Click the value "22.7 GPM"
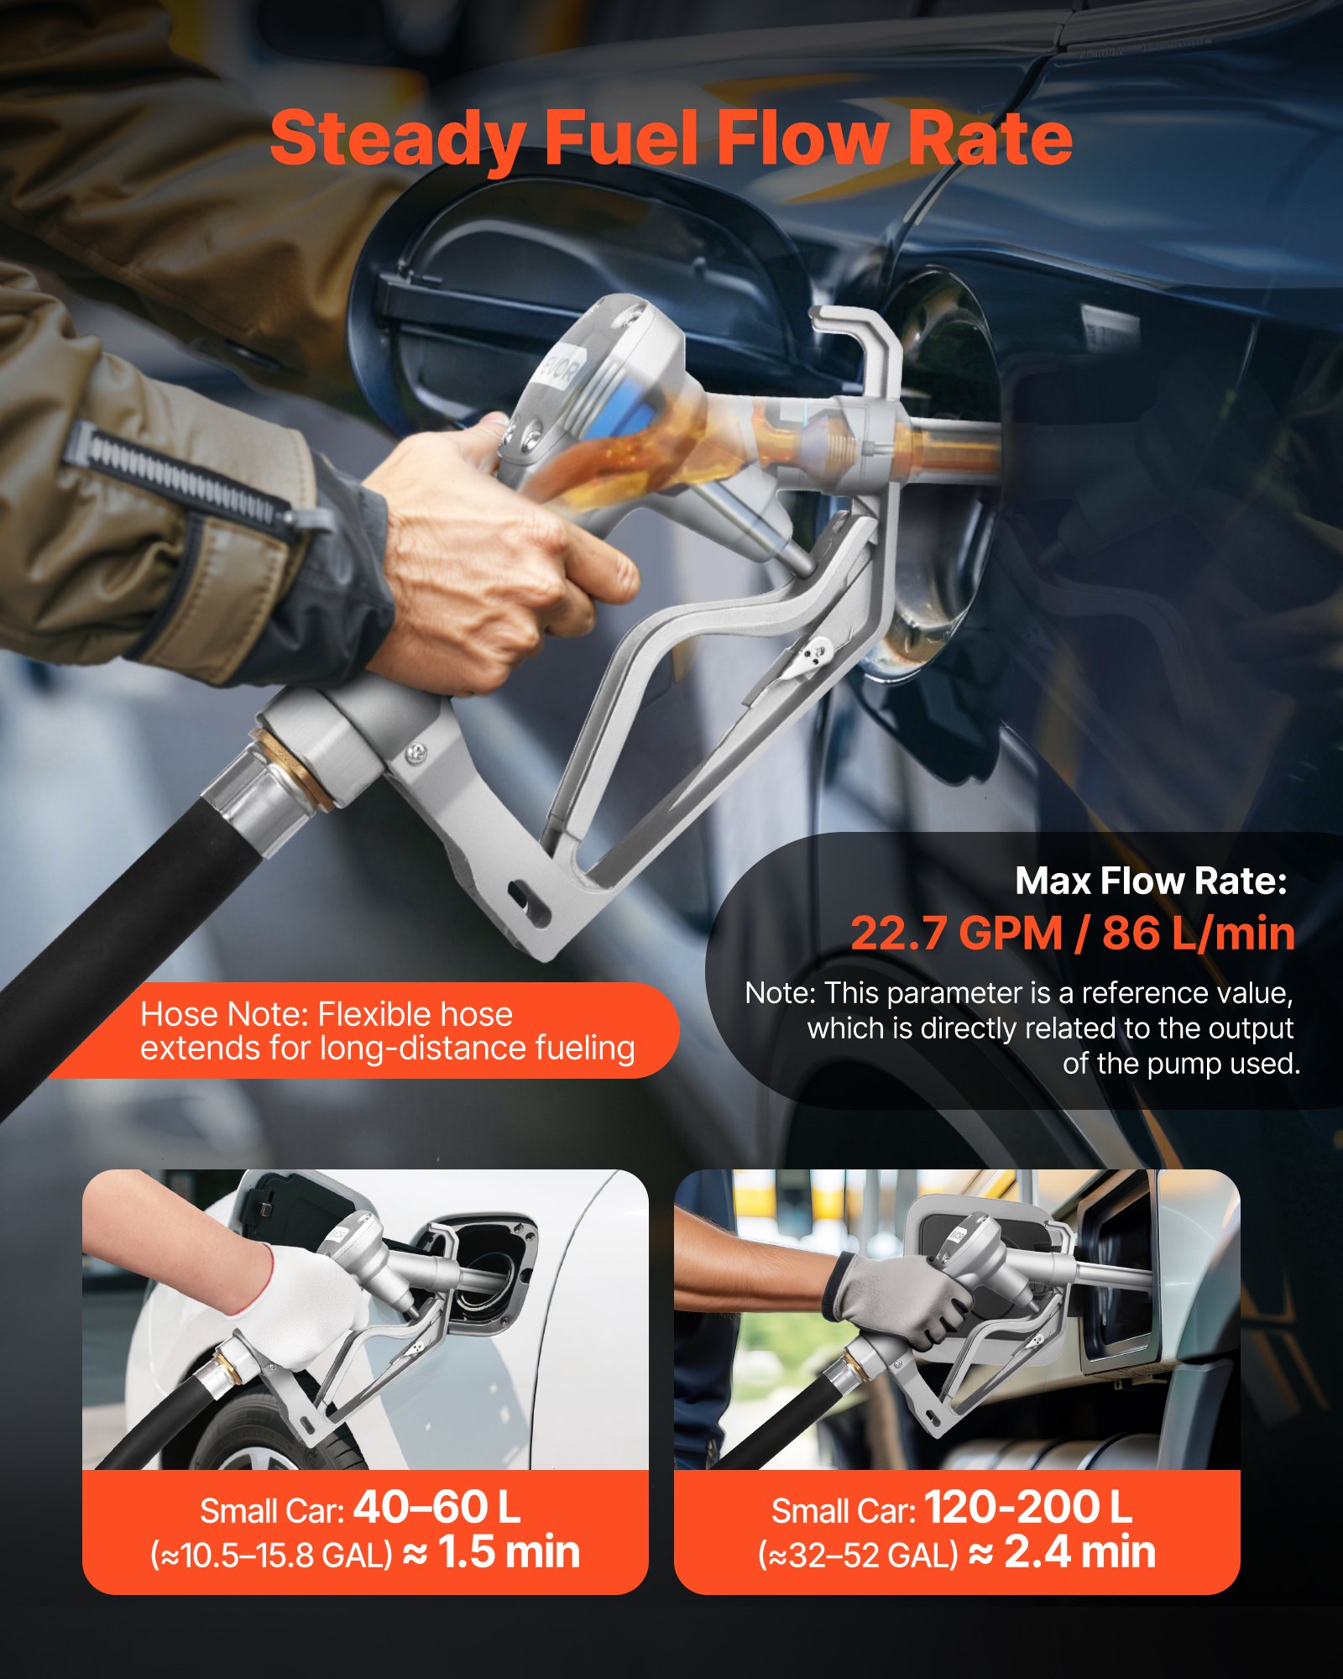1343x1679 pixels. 956,934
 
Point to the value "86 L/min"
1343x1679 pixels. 1199,934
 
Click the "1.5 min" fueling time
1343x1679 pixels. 509,1551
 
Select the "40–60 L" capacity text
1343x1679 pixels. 436,1508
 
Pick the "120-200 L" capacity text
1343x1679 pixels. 1028,1508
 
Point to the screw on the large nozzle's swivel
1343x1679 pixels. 415,755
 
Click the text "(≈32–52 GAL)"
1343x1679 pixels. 858,1556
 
